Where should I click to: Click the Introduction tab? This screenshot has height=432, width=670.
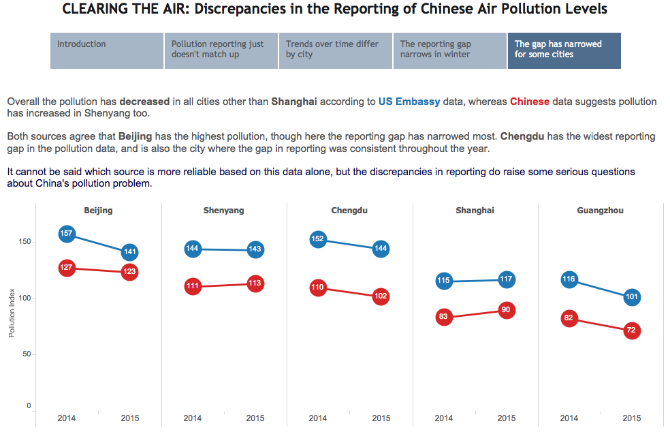107,50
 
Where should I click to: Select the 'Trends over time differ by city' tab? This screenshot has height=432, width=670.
336,50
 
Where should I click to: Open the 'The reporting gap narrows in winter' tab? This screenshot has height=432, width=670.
450,50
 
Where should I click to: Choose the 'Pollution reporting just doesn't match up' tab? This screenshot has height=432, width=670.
221,50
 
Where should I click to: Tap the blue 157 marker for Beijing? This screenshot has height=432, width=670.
67,234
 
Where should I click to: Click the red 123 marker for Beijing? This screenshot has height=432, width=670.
130,271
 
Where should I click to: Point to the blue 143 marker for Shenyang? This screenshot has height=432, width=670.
255,249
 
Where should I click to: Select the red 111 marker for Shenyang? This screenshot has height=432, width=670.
193,286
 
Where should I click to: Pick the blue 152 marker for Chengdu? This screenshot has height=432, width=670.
318,239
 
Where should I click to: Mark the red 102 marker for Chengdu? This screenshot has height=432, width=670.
381,296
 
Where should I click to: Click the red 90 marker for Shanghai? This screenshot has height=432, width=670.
506,310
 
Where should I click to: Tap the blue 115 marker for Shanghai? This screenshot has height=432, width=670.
444,280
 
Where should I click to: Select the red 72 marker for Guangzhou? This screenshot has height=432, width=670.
632,330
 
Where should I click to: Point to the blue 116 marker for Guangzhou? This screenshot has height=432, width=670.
569,279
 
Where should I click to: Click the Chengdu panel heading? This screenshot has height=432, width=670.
349,211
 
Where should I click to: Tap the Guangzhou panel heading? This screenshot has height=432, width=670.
600,211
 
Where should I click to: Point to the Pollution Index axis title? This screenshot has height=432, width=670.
12,313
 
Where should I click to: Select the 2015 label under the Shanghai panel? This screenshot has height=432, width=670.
507,418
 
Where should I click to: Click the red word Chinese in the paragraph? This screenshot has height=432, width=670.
529,102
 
